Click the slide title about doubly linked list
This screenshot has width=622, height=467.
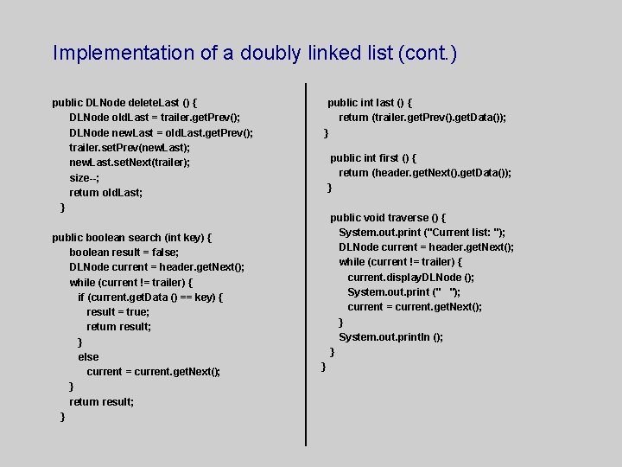254,54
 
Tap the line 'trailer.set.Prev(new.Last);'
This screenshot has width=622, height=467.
130,147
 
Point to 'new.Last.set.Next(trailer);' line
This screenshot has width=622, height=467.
130,163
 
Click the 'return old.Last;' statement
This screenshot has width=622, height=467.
105,193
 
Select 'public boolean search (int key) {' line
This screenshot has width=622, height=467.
131,237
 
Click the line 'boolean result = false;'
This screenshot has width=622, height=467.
124,253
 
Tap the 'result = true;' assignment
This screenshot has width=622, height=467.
117,311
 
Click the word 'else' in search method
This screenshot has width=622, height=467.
88,356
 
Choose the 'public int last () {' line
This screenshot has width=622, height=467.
369,103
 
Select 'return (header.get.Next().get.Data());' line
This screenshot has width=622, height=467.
424,173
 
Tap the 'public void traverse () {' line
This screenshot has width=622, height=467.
387,218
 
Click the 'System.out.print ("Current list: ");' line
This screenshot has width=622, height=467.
422,233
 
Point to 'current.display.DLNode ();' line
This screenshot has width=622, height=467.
410,278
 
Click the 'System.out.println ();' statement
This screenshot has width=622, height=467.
390,337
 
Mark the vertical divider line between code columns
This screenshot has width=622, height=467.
307,264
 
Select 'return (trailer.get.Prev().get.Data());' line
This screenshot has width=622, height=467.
422,118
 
